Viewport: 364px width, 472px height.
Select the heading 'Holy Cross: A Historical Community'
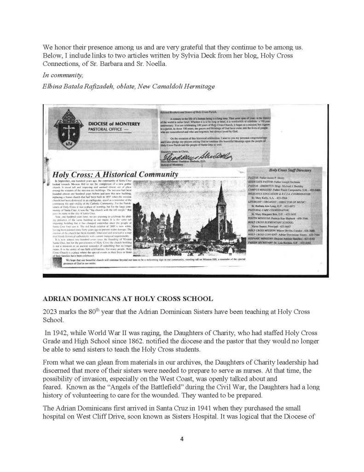(x=115, y=175)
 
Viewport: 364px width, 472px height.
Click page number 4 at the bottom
(x=182, y=439)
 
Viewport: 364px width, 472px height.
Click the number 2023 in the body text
(x=52, y=311)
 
